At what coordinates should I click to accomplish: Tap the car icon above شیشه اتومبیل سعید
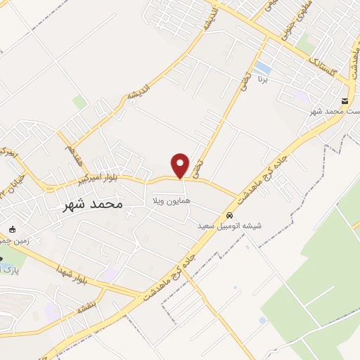[x=230, y=214]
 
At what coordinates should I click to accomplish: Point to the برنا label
[x=282, y=82]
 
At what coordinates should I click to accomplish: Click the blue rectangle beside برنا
[x=264, y=68]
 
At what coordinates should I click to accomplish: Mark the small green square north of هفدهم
[x=79, y=103]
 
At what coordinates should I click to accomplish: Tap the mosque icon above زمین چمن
[x=11, y=229]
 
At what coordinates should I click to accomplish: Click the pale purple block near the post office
[x=301, y=95]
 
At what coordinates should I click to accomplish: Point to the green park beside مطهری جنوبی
[x=304, y=44]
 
